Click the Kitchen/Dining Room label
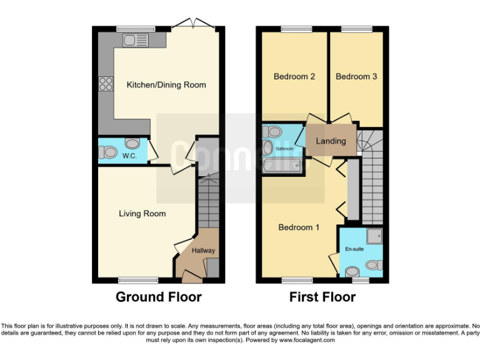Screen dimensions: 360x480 click(166, 85)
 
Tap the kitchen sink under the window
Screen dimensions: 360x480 click(136, 41)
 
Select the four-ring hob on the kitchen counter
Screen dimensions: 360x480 click(105, 83)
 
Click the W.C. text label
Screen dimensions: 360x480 click(130, 156)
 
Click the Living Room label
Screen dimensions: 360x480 click(142, 214)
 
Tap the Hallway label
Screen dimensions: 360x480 click(203, 251)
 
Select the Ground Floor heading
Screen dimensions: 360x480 click(159, 297)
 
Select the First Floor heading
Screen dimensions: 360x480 click(322, 297)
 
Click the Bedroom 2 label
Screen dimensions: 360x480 click(294, 77)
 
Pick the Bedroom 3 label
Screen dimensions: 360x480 click(356, 77)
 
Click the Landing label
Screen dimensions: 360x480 click(331, 141)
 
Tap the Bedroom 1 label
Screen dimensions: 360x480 click(299, 227)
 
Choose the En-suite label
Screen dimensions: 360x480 click(354, 249)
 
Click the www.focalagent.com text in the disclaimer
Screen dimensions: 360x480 click(307, 341)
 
